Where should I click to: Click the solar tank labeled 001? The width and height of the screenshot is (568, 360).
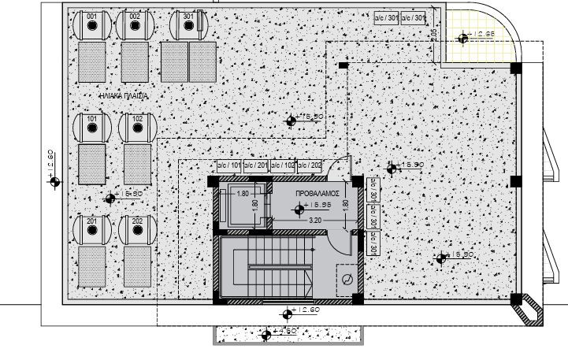92,25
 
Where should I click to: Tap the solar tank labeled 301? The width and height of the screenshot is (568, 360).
187,25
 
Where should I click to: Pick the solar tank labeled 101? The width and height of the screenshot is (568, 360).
92,128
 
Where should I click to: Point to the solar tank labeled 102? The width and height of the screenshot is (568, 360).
138,128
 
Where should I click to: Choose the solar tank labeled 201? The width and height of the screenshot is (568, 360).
92,229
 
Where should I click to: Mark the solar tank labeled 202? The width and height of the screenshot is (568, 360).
138,229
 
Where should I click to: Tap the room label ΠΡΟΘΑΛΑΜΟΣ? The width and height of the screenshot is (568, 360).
317,192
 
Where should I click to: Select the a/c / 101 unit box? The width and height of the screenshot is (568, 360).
228,166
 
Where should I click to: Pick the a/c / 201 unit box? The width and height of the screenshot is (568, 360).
255,166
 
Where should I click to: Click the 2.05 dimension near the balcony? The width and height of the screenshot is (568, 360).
434,33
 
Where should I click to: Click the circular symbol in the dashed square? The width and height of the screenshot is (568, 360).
345,278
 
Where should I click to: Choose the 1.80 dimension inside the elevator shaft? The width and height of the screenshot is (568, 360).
243,194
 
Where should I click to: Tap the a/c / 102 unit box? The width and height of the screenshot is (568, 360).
283,166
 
